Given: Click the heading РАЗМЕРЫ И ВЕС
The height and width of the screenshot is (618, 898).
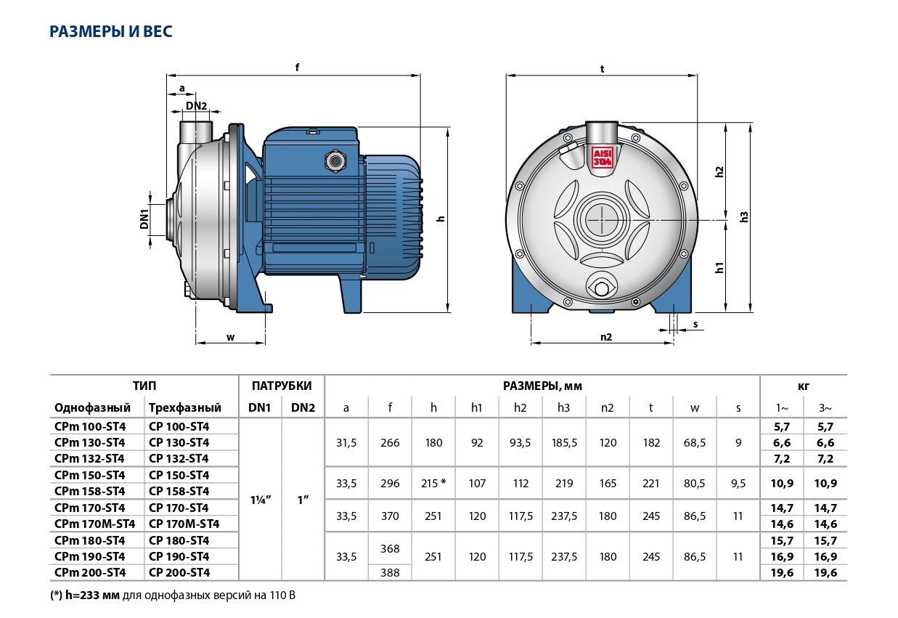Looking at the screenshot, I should click(111, 32).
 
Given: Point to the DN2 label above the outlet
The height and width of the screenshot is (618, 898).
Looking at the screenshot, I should click(196, 106).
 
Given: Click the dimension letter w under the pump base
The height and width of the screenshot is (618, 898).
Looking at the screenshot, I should click(230, 336).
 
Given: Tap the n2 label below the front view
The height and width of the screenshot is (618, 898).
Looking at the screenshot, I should click(605, 336).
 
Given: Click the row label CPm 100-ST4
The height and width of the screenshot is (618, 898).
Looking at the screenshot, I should click(90, 426).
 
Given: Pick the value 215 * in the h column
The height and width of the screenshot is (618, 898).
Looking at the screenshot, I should click(433, 483).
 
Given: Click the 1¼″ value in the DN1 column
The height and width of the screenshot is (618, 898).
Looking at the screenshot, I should click(260, 500).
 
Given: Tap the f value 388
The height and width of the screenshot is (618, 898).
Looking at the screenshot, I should click(390, 573).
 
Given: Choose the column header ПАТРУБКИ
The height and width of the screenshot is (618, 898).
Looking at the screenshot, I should click(282, 386).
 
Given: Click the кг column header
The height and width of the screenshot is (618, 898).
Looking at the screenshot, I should click(804, 386).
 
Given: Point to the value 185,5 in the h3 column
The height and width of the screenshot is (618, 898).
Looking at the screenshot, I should click(564, 442).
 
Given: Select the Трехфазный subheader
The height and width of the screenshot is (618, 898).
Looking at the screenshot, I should click(184, 407).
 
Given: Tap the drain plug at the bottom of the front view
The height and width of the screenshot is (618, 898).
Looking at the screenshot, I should click(603, 288).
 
